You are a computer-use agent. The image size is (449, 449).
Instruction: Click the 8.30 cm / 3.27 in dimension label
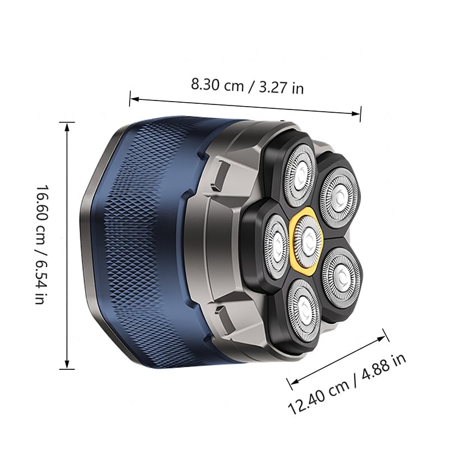[x=247, y=86]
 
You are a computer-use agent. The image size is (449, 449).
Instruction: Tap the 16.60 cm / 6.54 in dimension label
[x=42, y=245]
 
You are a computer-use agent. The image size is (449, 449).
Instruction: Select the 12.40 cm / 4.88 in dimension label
[x=347, y=384]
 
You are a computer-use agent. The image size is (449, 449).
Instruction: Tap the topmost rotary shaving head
[x=300, y=175]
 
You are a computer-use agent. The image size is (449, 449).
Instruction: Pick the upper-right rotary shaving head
[x=340, y=198]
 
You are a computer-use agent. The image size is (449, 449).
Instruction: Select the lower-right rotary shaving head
[x=342, y=277]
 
